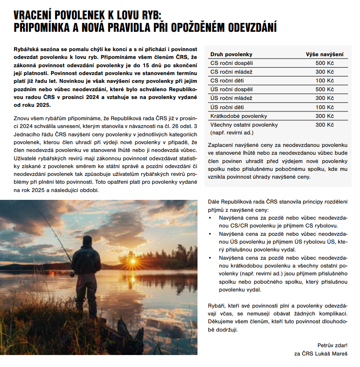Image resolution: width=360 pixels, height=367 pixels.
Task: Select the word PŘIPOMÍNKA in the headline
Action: pyautogui.click(x=41, y=28)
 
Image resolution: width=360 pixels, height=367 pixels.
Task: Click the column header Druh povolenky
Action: pyautogui.click(x=231, y=54)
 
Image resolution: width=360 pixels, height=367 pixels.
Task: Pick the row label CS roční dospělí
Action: pyautogui.click(x=232, y=63)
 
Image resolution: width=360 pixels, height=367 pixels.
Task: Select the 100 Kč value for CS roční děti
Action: pyautogui.click(x=325, y=81)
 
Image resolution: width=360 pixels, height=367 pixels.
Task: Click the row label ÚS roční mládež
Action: pyautogui.click(x=231, y=99)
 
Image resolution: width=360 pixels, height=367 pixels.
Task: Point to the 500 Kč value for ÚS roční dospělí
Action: pyautogui.click(x=325, y=89)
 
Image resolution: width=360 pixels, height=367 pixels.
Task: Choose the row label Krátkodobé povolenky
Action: pyautogui.click(x=238, y=116)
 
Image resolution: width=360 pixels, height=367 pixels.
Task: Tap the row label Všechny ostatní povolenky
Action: pyautogui.click(x=244, y=125)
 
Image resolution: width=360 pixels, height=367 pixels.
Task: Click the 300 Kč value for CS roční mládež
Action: pyautogui.click(x=325, y=72)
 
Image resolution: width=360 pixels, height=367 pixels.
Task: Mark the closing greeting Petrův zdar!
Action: pyautogui.click(x=332, y=345)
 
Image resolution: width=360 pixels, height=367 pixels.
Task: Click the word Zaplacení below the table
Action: pyautogui.click(x=222, y=145)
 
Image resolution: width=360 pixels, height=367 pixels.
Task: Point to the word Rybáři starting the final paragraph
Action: pyautogui.click(x=217, y=306)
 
